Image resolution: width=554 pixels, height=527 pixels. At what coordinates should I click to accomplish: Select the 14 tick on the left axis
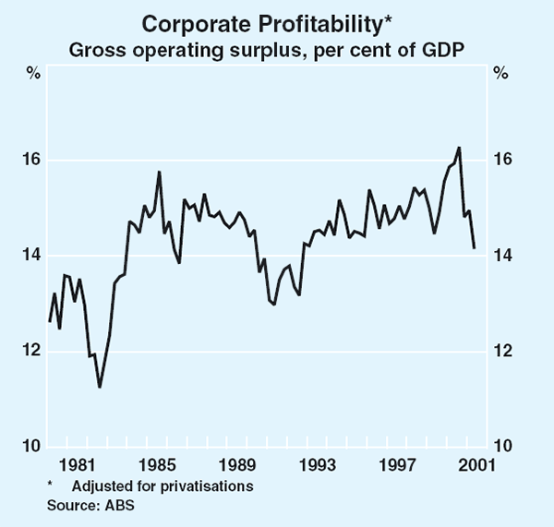pos(31,256)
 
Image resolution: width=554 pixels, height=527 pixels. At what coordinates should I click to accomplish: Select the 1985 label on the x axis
pos(160,464)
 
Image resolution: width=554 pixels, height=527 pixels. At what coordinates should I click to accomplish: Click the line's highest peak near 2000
pos(459,148)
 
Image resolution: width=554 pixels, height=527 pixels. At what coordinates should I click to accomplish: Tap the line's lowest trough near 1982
pos(99,386)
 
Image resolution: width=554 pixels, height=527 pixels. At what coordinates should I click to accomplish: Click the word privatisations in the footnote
pos(214,485)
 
